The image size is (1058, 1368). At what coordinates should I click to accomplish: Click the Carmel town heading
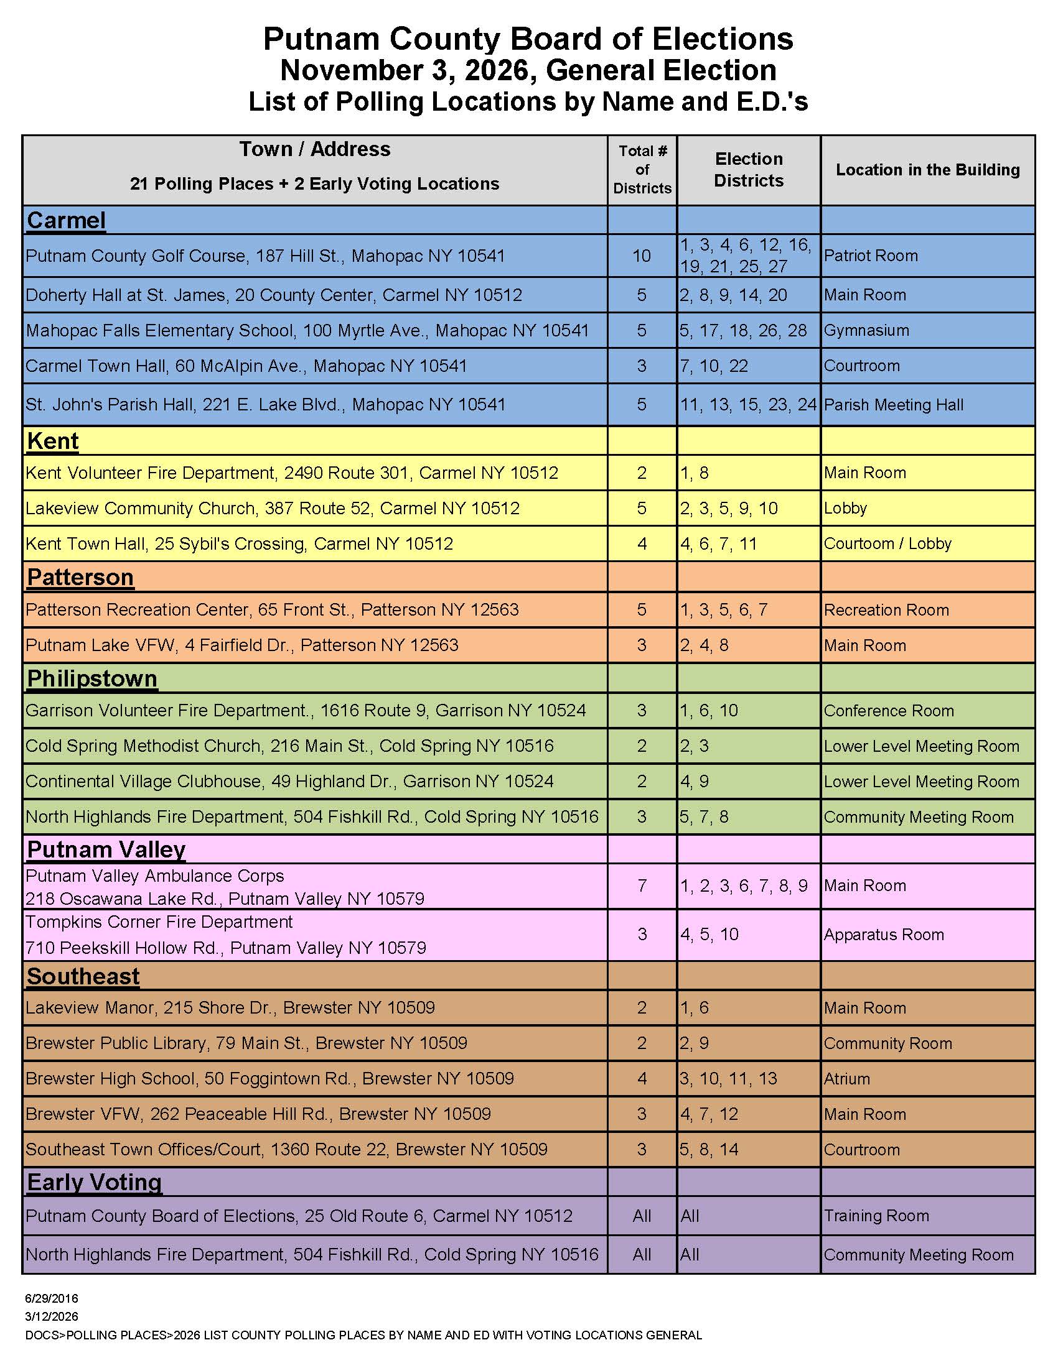coord(66,221)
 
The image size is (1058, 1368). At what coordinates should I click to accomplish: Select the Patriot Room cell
coord(871,256)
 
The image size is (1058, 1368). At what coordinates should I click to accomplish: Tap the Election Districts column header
coord(748,170)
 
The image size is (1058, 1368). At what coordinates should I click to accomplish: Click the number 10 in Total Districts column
coord(641,256)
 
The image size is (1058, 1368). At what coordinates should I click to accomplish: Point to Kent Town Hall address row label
coord(239,543)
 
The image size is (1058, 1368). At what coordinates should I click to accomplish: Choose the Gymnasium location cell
coord(866,331)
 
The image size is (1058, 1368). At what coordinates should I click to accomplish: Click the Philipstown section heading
coord(92,679)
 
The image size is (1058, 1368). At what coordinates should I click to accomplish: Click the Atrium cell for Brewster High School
coord(847,1079)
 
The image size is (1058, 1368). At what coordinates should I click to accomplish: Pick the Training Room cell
coord(876,1216)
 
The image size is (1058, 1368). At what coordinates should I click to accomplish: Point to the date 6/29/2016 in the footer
coord(52,1298)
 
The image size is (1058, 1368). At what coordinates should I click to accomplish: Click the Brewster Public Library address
coord(246,1043)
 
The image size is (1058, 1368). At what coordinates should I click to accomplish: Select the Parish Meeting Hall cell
coord(893,405)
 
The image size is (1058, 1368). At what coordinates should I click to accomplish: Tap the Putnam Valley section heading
coord(106,849)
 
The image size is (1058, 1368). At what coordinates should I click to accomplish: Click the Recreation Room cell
coord(886,610)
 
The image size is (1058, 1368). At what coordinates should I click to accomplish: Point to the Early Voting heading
coord(94,1183)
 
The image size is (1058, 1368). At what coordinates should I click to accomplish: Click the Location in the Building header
coord(928,170)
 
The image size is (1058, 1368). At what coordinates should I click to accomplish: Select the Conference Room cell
coord(889,711)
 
